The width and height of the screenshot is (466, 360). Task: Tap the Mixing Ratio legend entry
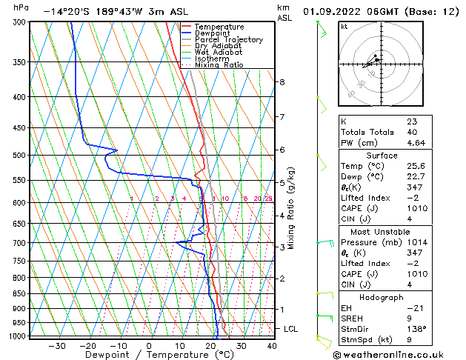(x=219, y=65)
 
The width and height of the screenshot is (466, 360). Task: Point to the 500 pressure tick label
(x=21, y=156)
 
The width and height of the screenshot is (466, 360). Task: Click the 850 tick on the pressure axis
(x=21, y=294)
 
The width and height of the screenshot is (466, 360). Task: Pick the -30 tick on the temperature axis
(x=56, y=345)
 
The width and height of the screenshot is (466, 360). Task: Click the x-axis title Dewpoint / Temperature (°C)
(x=149, y=355)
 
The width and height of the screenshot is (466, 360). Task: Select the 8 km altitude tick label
(x=282, y=81)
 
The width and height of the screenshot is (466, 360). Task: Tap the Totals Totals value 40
(x=411, y=132)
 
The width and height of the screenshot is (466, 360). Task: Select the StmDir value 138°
(x=416, y=329)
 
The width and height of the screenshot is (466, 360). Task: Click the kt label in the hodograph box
(x=344, y=27)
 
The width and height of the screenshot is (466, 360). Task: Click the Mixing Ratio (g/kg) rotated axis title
(x=291, y=208)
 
